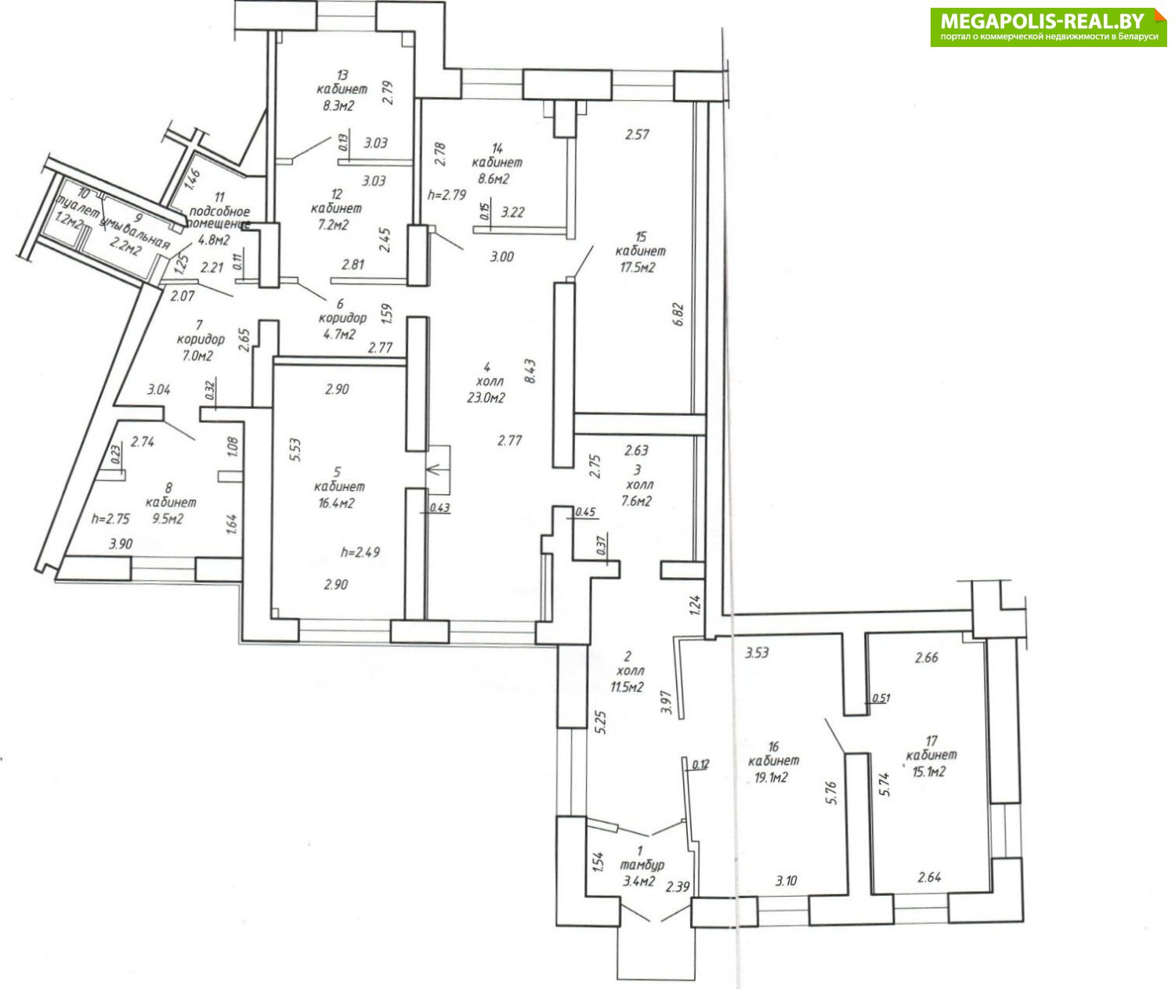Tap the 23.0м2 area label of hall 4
click(x=486, y=397)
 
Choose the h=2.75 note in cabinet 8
click(x=110, y=518)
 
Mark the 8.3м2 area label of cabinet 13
click(x=336, y=105)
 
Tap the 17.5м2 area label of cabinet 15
click(x=634, y=267)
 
